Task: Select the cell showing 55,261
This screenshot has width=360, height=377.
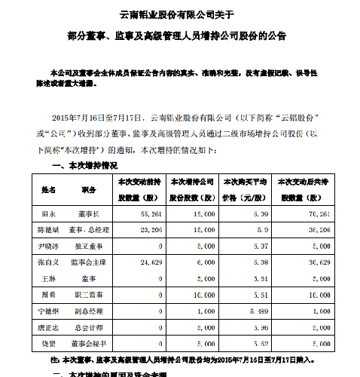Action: click(149, 215)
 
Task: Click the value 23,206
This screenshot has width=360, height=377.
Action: click(149, 230)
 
